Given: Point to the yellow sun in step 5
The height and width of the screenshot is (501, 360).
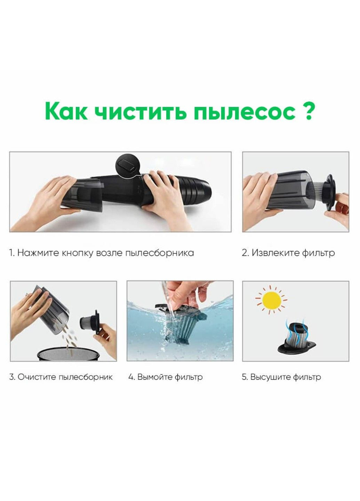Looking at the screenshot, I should [271, 300].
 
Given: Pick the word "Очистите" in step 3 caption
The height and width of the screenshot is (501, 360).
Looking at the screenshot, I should [37, 377].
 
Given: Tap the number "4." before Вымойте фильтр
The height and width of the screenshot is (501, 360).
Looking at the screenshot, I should [131, 377].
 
